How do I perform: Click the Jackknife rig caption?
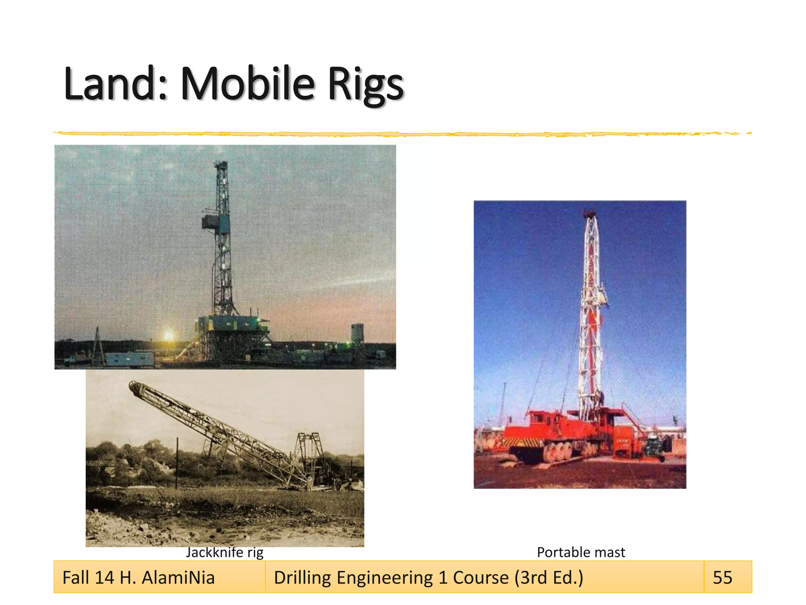pyautogui.click(x=224, y=552)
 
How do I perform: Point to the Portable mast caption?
pyautogui.click(x=581, y=552)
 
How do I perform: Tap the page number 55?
pyautogui.click(x=723, y=577)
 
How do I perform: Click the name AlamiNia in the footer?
pyautogui.click(x=178, y=577)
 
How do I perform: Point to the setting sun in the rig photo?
pyautogui.click(x=168, y=336)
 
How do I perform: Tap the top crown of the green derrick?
pyautogui.click(x=222, y=164)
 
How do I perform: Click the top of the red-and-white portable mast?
pyautogui.click(x=589, y=214)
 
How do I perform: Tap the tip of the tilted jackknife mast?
pyautogui.click(x=134, y=386)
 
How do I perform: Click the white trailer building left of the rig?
pyautogui.click(x=129, y=358)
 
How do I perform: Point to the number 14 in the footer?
pyautogui.click(x=104, y=577)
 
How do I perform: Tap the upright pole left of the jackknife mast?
pyautogui.click(x=177, y=463)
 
